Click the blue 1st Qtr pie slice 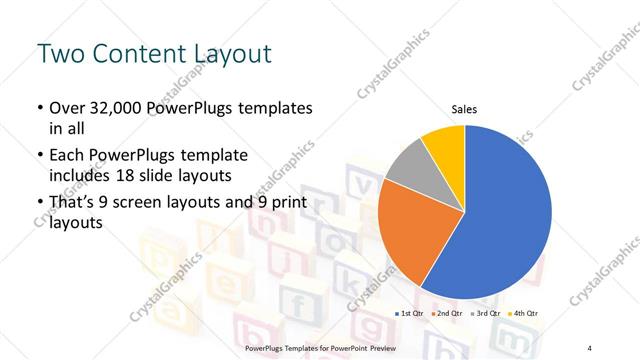tap(505, 215)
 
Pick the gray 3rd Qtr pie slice tap(410, 170)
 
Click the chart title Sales tap(465, 108)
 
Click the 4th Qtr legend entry tap(522, 314)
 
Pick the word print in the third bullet tap(279, 203)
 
